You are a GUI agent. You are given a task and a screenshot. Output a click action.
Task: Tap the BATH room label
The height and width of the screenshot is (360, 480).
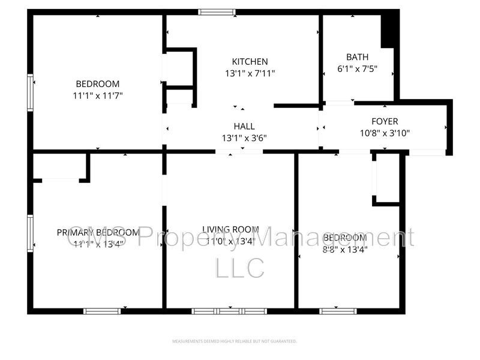pos(357,57)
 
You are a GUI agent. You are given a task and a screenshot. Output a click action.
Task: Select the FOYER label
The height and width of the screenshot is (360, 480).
pos(385,121)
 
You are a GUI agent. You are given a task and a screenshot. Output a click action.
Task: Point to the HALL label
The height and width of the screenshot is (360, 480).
pos(244,126)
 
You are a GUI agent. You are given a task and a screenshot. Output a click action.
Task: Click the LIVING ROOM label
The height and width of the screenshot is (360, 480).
pos(230,229)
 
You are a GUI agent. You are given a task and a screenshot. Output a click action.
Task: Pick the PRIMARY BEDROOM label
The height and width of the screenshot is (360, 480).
pos(98,232)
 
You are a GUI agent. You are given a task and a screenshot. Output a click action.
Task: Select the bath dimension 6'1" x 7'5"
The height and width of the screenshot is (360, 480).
pos(357,69)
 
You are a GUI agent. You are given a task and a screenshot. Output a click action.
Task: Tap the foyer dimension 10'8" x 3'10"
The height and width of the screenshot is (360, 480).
pos(385,133)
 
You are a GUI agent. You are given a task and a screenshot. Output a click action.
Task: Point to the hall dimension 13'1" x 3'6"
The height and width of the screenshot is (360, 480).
pos(244,137)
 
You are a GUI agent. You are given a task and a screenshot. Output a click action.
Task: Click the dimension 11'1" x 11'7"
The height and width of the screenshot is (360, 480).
pos(97,95)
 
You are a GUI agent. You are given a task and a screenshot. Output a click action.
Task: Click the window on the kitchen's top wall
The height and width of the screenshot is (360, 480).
pos(217,11)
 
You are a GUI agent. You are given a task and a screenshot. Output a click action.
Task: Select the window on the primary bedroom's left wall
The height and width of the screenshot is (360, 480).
pos(30,233)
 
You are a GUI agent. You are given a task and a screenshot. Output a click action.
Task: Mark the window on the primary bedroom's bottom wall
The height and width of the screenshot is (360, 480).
pos(102,311)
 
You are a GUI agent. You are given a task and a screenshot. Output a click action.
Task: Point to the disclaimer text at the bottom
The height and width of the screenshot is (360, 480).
pos(235,341)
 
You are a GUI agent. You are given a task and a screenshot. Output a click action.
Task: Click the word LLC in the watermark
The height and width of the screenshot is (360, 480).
pos(239,268)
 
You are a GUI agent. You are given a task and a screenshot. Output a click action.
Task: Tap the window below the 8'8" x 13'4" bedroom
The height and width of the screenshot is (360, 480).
pos(338,311)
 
